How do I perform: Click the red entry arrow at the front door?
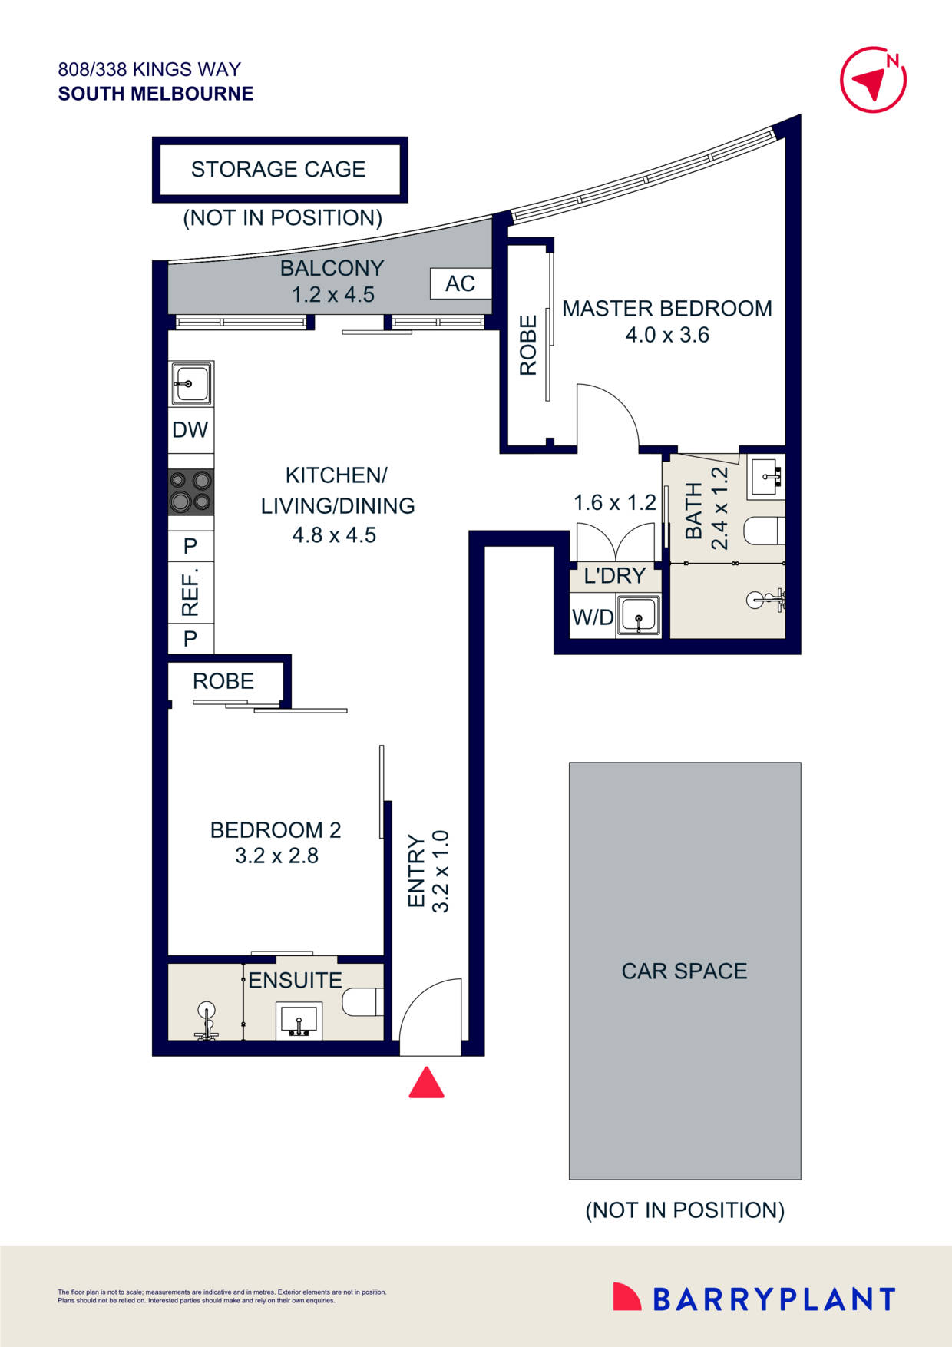click(426, 1083)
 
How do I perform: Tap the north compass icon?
click(873, 80)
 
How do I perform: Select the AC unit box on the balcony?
click(460, 283)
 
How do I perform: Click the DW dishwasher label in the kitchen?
click(190, 430)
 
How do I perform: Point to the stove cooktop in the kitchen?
click(191, 491)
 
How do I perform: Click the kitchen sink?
click(190, 382)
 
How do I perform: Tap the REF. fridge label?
click(190, 592)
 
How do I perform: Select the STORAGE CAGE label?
click(278, 169)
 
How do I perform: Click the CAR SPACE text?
click(684, 971)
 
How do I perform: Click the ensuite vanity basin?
click(299, 1021)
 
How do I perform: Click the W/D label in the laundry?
click(593, 617)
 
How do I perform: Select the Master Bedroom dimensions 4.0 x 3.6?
click(667, 335)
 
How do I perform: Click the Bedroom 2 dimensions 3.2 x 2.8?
click(276, 856)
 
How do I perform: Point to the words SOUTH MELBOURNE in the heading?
click(156, 94)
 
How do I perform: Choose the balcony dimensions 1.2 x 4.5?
click(333, 295)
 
